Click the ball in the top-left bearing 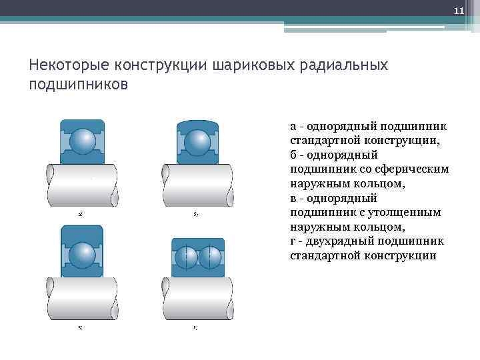pos(83,142)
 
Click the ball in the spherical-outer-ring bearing pos(197,142)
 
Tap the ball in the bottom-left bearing pos(83,254)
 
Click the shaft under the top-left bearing pos(82,186)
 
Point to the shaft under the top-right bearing pos(197,186)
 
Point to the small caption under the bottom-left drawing pos(80,327)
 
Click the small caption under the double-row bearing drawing pos(195,327)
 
